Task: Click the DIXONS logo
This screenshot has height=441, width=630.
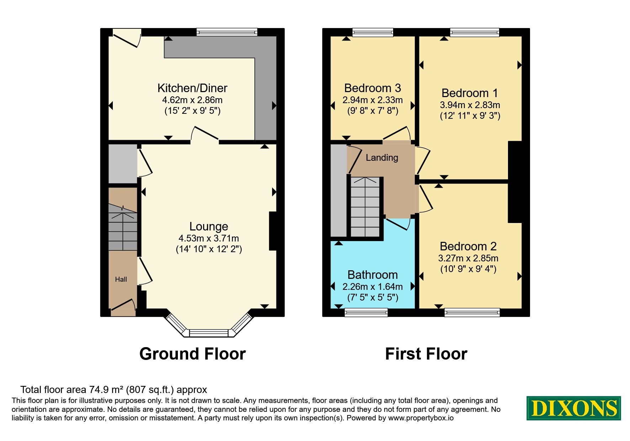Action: click(573, 408)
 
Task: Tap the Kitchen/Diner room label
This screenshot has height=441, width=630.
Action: click(192, 88)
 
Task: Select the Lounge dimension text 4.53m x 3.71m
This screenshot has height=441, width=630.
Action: click(209, 238)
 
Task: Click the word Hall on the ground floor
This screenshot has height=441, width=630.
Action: click(121, 279)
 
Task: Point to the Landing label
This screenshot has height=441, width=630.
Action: click(382, 158)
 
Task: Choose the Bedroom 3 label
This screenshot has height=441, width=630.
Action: click(372, 88)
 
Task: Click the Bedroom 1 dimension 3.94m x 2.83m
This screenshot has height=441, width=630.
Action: click(470, 105)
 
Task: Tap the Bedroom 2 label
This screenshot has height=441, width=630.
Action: click(468, 246)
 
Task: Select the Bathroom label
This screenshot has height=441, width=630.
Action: click(372, 275)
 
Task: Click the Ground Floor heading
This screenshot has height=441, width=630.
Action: click(192, 354)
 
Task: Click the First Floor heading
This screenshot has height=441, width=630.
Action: click(426, 354)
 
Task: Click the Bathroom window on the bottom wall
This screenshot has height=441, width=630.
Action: click(366, 312)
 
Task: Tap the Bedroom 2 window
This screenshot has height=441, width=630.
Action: click(472, 312)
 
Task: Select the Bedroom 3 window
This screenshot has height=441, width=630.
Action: click(373, 32)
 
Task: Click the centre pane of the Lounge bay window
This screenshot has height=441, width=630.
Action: click(210, 333)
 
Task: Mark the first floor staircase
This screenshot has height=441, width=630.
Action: click(365, 207)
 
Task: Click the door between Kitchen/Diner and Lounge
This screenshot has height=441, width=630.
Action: click(205, 134)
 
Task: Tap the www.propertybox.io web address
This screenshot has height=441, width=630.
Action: click(421, 418)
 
